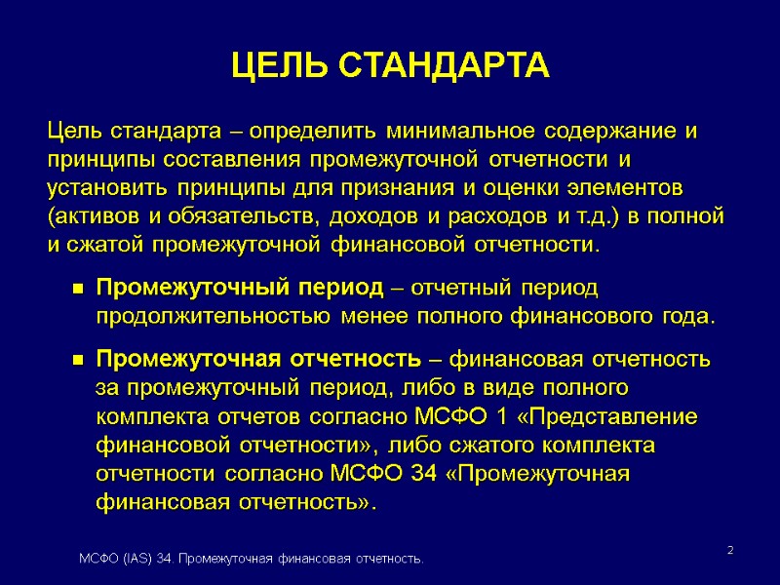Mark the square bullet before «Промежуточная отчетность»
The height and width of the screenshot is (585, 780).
coord(75,361)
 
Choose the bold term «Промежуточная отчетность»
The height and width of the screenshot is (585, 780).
coord(258,360)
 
